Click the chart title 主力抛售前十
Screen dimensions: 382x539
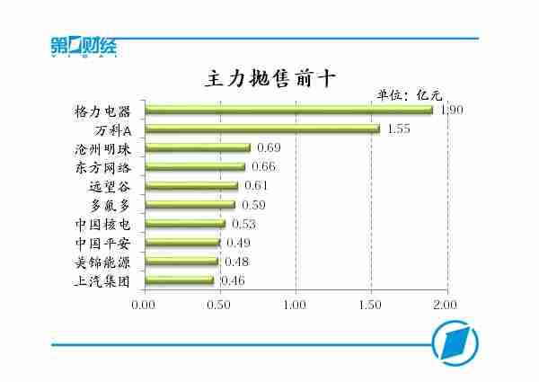(x=270, y=77)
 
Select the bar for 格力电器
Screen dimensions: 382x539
(x=288, y=111)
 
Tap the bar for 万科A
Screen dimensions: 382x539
(x=261, y=129)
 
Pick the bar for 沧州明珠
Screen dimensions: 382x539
(x=197, y=148)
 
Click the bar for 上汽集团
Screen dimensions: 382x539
(x=179, y=280)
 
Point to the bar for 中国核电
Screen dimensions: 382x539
(x=184, y=224)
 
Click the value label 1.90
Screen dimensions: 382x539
(x=452, y=110)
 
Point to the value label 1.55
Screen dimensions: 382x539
(x=399, y=129)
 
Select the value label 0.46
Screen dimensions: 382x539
(x=234, y=280)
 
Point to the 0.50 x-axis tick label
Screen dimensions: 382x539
(x=219, y=304)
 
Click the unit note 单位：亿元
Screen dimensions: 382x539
(x=409, y=94)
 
